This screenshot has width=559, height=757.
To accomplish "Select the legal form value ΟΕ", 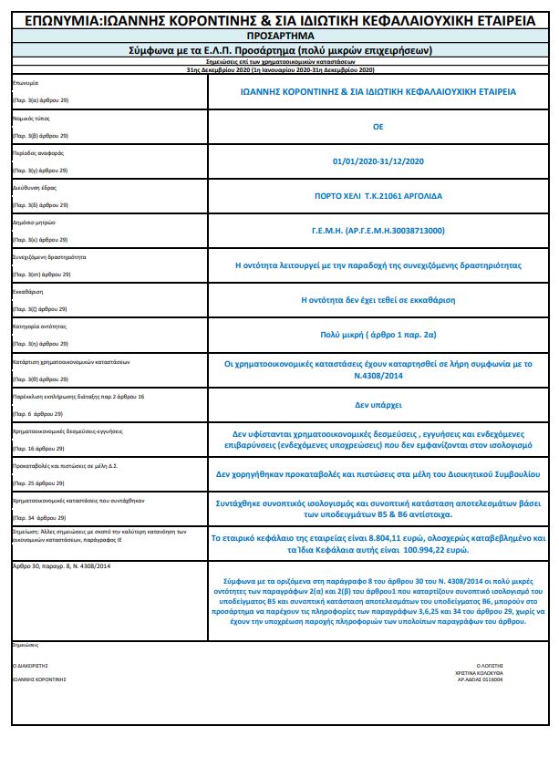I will (x=378, y=127).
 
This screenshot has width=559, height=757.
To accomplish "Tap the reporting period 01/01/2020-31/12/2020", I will (x=378, y=161).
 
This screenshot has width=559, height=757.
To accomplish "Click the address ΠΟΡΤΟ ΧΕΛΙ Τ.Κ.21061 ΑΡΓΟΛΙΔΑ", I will (x=378, y=196).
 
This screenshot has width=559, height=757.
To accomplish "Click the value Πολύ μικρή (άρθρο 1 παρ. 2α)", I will (x=378, y=334).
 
